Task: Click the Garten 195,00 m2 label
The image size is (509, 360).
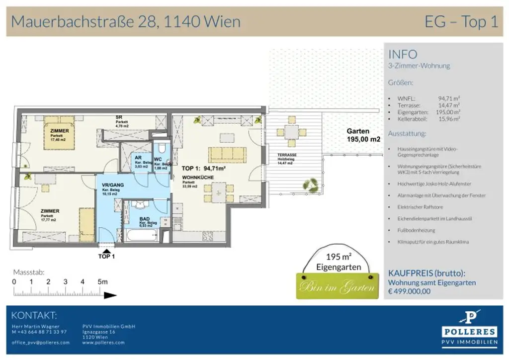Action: tap(363, 135)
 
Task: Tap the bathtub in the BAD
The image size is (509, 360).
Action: tap(141, 235)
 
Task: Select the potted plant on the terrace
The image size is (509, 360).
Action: tap(312, 185)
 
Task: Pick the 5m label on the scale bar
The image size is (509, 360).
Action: tap(103, 281)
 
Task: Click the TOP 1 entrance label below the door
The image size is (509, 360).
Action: tap(106, 257)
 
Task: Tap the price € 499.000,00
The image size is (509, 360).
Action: tap(409, 291)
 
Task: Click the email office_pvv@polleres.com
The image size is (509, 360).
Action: tap(41, 343)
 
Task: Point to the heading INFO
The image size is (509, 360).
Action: tap(403, 54)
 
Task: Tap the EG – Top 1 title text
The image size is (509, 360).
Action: tap(461, 21)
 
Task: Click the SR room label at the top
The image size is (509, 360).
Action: tap(119, 117)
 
